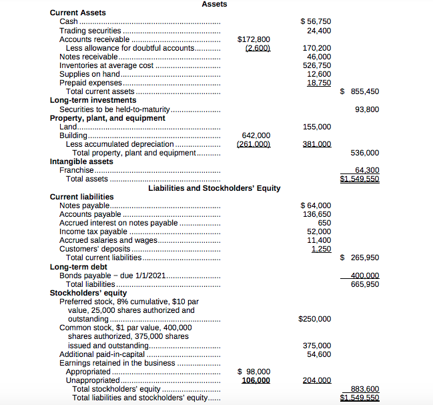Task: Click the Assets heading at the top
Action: (x=214, y=4)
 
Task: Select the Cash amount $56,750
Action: (x=316, y=22)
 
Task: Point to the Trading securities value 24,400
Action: (x=319, y=31)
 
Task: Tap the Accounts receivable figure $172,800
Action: (x=254, y=39)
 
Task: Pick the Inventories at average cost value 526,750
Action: (x=317, y=65)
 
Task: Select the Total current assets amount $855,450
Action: (x=360, y=91)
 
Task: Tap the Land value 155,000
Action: (x=317, y=127)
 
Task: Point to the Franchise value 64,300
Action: (x=367, y=170)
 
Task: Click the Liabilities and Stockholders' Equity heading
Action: (x=214, y=188)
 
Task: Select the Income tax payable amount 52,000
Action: (x=319, y=232)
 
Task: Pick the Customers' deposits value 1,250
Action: (x=321, y=249)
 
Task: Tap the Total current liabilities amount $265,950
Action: (x=360, y=258)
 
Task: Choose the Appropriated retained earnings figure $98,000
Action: (x=254, y=372)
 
